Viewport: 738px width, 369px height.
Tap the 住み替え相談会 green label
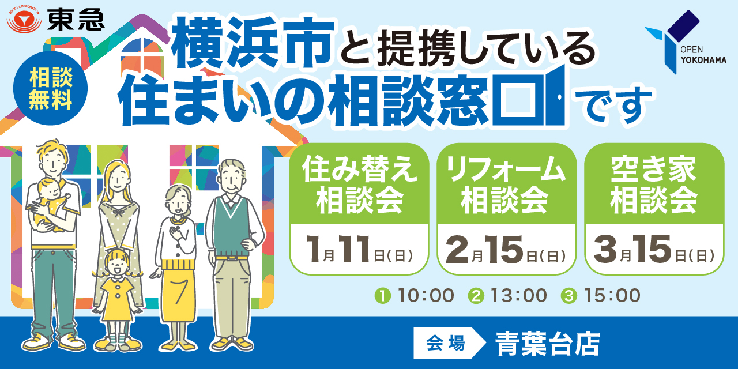click(359, 184)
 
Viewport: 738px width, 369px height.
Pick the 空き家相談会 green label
click(654, 184)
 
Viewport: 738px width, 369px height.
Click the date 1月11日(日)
click(359, 249)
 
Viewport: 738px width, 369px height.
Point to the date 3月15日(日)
click(654, 249)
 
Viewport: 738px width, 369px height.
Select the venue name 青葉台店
click(548, 344)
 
